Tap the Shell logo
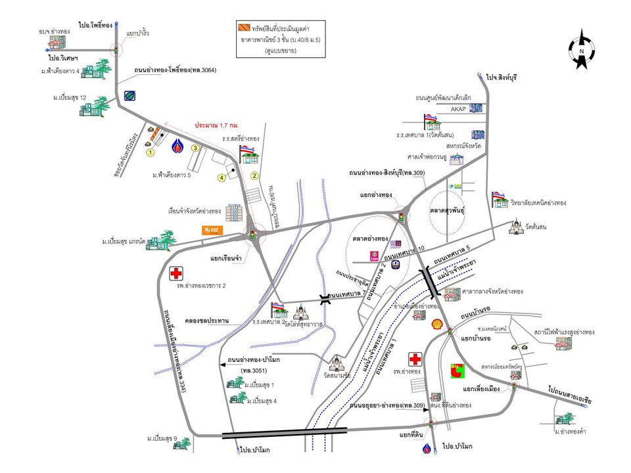tap(436, 324)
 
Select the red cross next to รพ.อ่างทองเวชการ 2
tap(175, 273)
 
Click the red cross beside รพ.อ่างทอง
tap(415, 359)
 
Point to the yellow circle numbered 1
tap(150, 152)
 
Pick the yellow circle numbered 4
tap(222, 177)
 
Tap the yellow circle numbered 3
tap(195, 148)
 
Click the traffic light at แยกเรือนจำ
tap(252, 233)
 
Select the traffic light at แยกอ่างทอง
tap(400, 215)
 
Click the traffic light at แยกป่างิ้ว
tap(117, 50)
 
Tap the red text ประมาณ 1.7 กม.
tap(216, 125)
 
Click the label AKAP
tap(458, 109)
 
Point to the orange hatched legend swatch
tap(243, 28)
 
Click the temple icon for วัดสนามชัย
tap(337, 363)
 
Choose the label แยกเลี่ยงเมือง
tap(482, 389)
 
